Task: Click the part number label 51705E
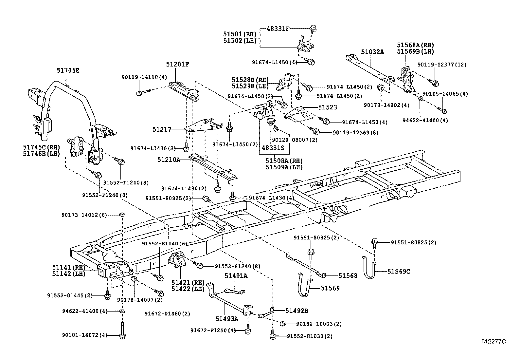[x=68, y=70]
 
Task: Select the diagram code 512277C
[x=493, y=341]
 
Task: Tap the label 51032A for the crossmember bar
[x=372, y=51]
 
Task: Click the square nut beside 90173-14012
[x=122, y=215]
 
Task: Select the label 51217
[x=162, y=129]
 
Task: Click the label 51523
[x=328, y=107]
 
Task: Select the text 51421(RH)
[x=188, y=282]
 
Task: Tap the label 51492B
[x=296, y=311]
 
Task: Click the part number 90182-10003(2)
[x=319, y=324]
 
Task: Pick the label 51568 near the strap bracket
[x=348, y=275]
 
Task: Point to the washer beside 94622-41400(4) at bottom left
[x=122, y=311]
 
